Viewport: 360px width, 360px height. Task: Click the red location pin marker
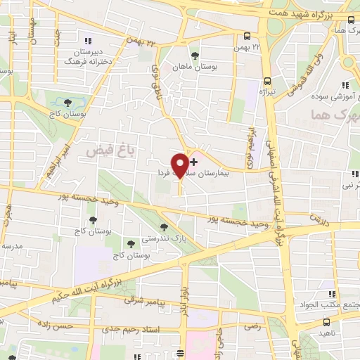coord(180,165)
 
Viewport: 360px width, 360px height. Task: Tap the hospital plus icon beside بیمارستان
coord(194,162)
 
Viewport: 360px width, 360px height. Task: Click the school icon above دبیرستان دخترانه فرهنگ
coord(87,40)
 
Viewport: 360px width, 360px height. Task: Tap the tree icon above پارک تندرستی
coord(165,227)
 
